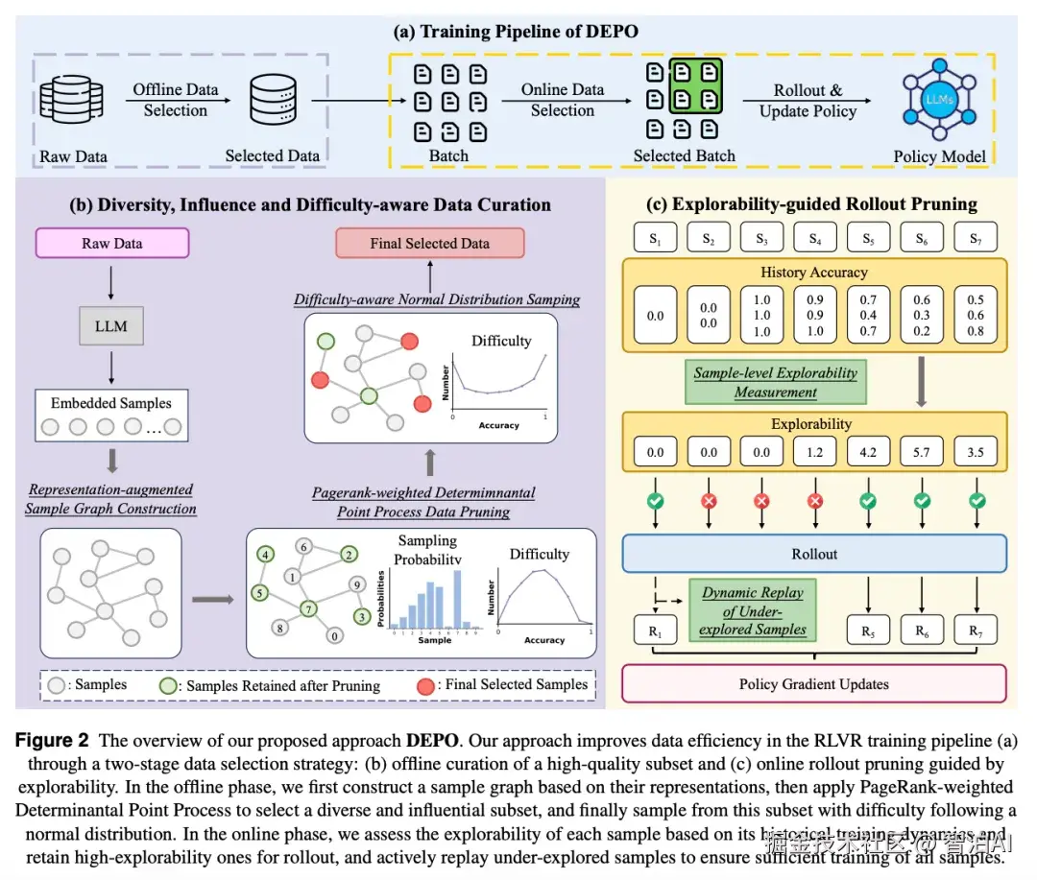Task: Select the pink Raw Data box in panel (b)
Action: pos(112,244)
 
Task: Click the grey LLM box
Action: pos(111,326)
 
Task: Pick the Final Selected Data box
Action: pos(429,243)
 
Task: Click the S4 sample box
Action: pos(814,237)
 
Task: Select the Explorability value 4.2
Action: pos(867,452)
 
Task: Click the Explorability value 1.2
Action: pos(814,452)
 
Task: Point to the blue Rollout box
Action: pos(814,553)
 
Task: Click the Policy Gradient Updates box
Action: pos(814,684)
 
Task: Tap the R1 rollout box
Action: pos(656,630)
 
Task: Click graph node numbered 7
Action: pos(308,609)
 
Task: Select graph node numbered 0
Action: pos(333,634)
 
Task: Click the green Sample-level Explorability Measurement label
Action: pos(775,382)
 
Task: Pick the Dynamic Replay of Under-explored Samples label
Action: pos(753,611)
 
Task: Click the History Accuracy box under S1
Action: pos(656,315)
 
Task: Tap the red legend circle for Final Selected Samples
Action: pos(425,685)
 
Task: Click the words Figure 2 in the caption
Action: pos(53,740)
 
